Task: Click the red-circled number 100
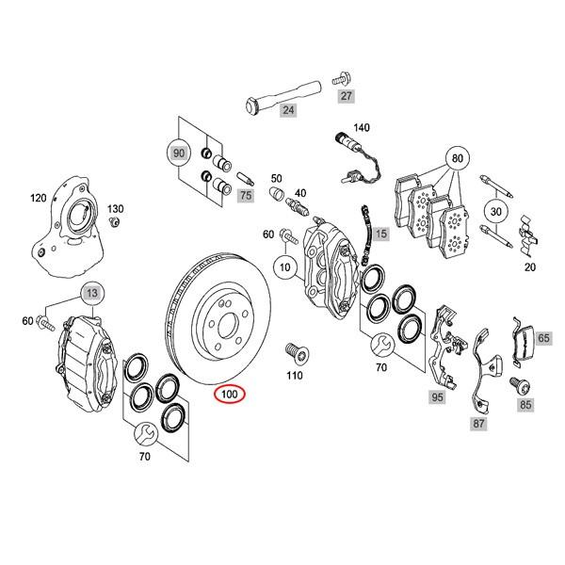click(x=230, y=395)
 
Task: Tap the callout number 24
click(x=288, y=111)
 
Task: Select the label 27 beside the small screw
click(x=346, y=96)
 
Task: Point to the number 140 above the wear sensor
click(x=362, y=127)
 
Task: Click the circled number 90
click(x=178, y=151)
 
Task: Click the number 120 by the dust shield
click(x=38, y=199)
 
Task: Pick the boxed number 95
click(x=436, y=398)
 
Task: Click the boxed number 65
click(x=543, y=337)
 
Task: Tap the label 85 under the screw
click(x=525, y=406)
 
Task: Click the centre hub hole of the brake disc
click(x=218, y=320)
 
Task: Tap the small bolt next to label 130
click(x=113, y=222)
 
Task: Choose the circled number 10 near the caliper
click(x=282, y=267)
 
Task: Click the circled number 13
click(x=91, y=295)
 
